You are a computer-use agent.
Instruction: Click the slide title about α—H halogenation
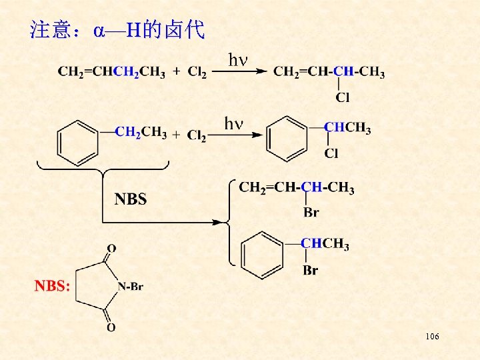pos(117,30)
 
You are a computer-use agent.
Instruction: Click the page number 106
pos(431,337)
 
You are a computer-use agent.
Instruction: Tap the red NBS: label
pos(53,286)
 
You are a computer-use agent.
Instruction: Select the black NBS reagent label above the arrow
pos(131,199)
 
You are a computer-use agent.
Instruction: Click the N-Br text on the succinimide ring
pos(131,287)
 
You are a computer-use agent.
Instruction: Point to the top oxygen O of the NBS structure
pos(111,248)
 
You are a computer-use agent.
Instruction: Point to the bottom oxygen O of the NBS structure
pos(111,327)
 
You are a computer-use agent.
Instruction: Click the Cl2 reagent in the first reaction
pos(197,71)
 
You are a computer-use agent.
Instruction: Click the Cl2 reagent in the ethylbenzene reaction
pos(197,135)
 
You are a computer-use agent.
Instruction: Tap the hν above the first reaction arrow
pos(238,60)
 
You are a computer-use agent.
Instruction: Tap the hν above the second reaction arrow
pos(234,123)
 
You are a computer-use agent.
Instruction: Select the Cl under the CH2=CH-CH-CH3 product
pos(343,98)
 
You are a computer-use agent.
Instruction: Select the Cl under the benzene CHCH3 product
pos(331,154)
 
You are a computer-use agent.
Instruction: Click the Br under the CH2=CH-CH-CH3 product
pos(311,213)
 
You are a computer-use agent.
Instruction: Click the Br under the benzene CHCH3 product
pos(310,271)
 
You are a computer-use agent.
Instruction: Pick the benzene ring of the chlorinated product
pos(287,139)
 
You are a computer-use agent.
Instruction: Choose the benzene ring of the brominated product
pos(263,255)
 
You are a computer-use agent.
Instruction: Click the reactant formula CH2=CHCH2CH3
pos(111,71)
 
